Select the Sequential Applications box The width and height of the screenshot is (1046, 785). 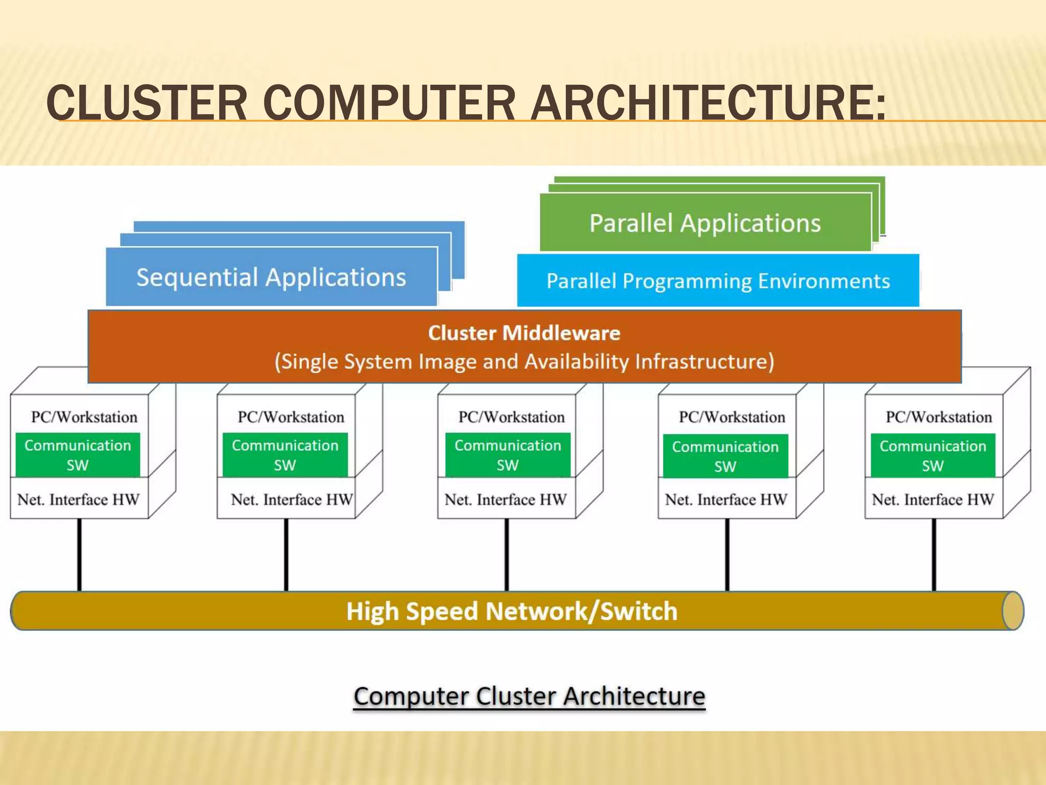[271, 278]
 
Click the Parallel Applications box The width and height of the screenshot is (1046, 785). [705, 223]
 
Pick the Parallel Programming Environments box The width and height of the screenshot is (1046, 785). [718, 281]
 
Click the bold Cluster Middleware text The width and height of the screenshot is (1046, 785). [524, 333]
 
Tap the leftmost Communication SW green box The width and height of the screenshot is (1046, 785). [78, 455]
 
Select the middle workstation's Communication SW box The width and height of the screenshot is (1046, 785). [508, 455]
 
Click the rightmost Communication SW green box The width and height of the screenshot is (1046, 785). [933, 455]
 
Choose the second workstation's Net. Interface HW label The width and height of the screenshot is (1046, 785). [291, 499]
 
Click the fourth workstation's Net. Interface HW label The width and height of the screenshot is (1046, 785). [726, 499]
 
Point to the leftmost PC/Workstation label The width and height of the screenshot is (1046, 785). [84, 417]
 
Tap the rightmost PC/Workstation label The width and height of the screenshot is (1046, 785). [939, 417]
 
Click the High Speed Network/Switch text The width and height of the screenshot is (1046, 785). [512, 611]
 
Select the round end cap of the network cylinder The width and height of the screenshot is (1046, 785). [1013, 611]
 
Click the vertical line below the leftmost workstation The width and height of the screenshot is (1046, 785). [79, 555]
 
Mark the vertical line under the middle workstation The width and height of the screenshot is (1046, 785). [507, 555]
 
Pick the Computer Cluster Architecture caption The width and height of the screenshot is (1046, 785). [529, 696]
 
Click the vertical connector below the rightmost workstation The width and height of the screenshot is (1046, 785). [934, 555]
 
